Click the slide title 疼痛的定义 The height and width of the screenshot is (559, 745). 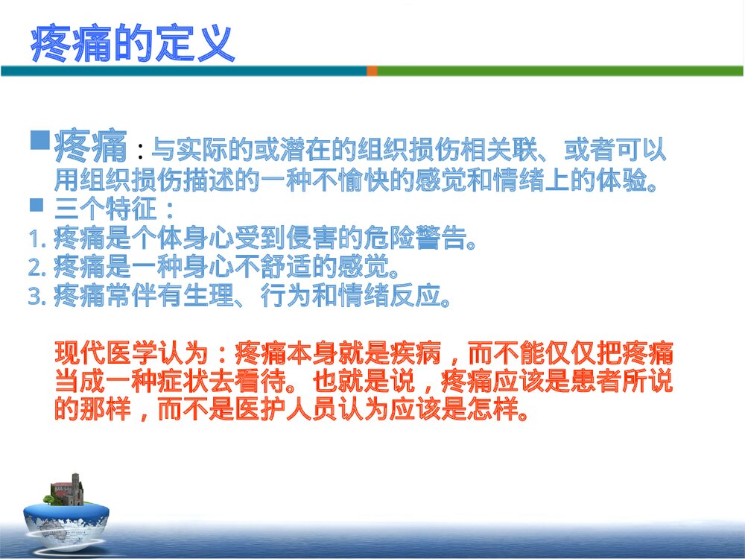point(133,44)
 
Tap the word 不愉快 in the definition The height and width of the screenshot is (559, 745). point(386,181)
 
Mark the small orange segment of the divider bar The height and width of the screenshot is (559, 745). point(372,71)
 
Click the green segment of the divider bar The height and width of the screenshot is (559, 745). point(559,71)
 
